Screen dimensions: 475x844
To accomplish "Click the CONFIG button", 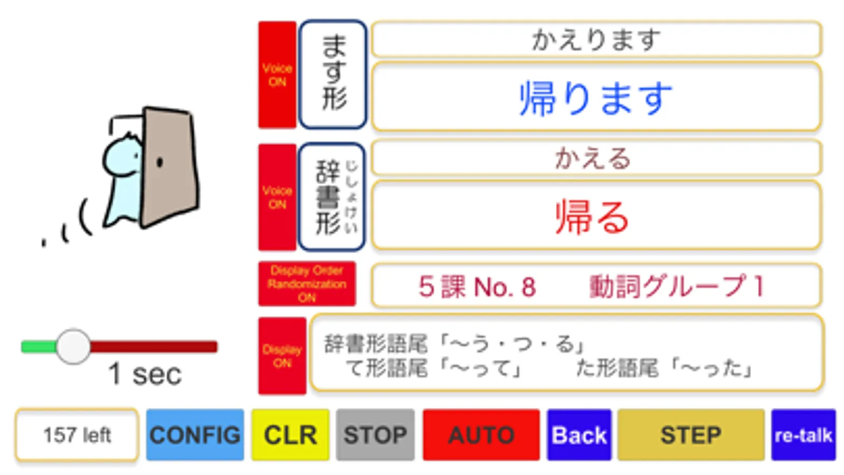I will pos(195,435).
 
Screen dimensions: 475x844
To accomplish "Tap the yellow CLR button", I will pos(290,435).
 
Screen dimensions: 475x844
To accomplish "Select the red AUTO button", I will pos(481,435).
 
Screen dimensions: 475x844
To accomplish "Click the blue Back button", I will pos(579,435).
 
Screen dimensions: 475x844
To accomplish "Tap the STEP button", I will pos(690,435).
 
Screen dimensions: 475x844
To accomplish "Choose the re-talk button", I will pos(803,435).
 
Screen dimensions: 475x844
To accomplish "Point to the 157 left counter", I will pos(77,435).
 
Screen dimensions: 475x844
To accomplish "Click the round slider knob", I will pos(73,347).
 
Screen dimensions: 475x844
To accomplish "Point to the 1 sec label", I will pos(145,374).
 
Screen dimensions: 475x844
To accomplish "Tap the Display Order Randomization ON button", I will pos(307,284).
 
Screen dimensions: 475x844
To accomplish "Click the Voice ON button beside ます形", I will pos(277,75).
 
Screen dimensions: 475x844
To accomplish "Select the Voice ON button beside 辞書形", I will pos(277,197).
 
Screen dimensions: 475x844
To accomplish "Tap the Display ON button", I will pos(282,356).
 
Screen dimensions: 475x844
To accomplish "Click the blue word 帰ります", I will pos(596,98).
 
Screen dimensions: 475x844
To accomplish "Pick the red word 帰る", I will pos(592,216).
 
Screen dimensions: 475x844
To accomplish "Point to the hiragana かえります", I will pos(596,40).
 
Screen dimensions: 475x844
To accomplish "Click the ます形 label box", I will pos(333,74).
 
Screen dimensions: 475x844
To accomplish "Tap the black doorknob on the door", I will pos(160,162).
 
